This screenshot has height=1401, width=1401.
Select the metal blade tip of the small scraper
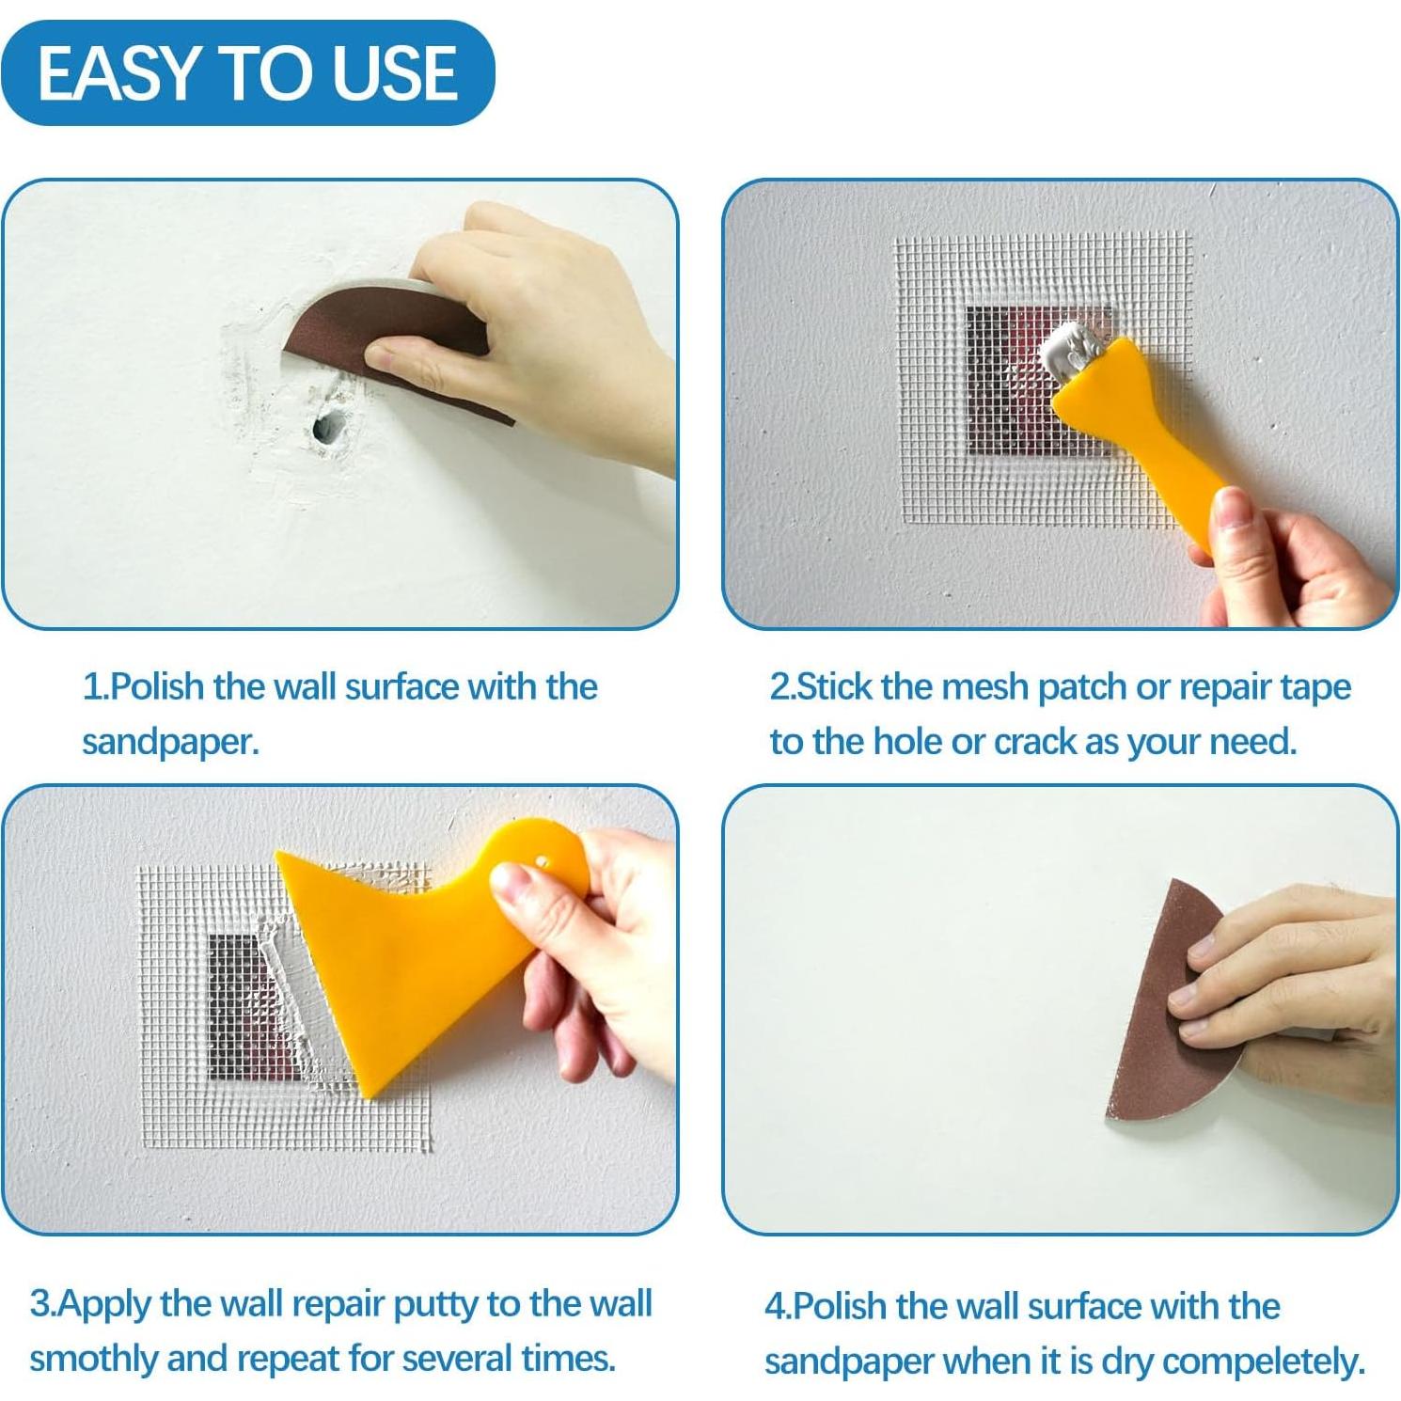click(x=1073, y=350)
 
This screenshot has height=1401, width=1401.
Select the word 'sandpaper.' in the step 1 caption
click(x=170, y=742)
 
